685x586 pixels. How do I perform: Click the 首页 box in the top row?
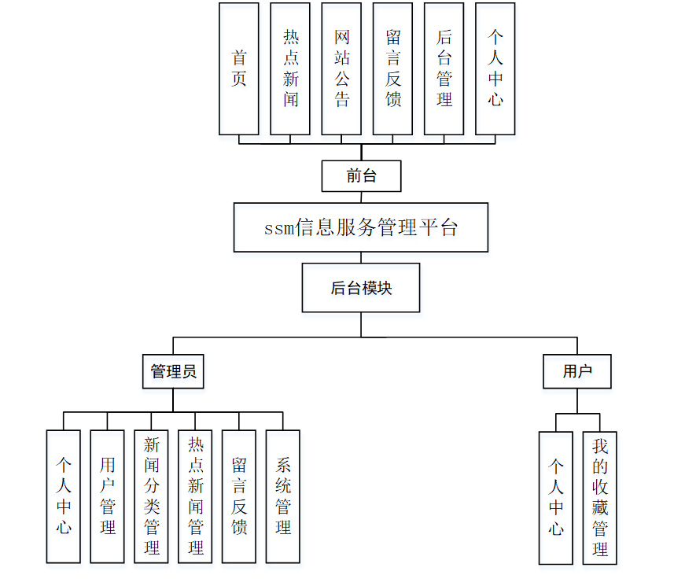(239, 68)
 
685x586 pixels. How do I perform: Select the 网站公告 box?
(341, 68)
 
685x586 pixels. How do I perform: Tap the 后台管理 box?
(444, 68)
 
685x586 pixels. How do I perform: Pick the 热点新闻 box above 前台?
(290, 68)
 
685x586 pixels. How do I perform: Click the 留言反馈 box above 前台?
(392, 68)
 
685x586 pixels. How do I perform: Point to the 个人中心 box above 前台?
(495, 68)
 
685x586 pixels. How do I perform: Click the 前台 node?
(361, 176)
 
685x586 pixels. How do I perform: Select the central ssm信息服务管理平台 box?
(361, 227)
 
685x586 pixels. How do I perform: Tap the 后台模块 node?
(361, 288)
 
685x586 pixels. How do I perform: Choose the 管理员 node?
(173, 371)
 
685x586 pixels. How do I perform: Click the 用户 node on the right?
(577, 371)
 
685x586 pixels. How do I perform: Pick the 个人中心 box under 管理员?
(64, 496)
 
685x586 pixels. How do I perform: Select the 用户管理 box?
(108, 496)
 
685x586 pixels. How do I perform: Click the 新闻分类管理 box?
(152, 496)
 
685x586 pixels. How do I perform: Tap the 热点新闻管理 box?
(195, 496)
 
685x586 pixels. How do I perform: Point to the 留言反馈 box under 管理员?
(239, 496)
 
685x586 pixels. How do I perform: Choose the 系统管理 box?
(283, 496)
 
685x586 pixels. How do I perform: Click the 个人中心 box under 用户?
(556, 498)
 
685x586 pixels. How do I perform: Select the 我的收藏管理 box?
(600, 498)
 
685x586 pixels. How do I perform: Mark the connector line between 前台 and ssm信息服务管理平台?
(361, 197)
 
